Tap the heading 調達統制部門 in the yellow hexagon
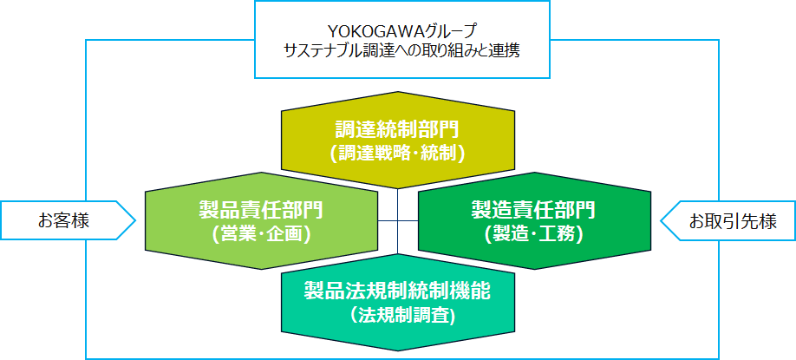point(398,130)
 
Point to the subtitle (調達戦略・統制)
point(398,153)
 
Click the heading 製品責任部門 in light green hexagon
point(260,210)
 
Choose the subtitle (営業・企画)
point(260,232)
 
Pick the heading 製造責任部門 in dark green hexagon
point(533,210)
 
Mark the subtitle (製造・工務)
point(533,232)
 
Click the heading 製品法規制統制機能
point(398,291)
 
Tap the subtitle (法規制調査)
point(398,314)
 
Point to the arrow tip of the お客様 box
point(136,221)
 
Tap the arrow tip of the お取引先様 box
point(662,221)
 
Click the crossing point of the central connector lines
point(398,222)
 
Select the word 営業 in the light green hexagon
point(240,232)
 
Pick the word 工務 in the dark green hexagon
point(557,232)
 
